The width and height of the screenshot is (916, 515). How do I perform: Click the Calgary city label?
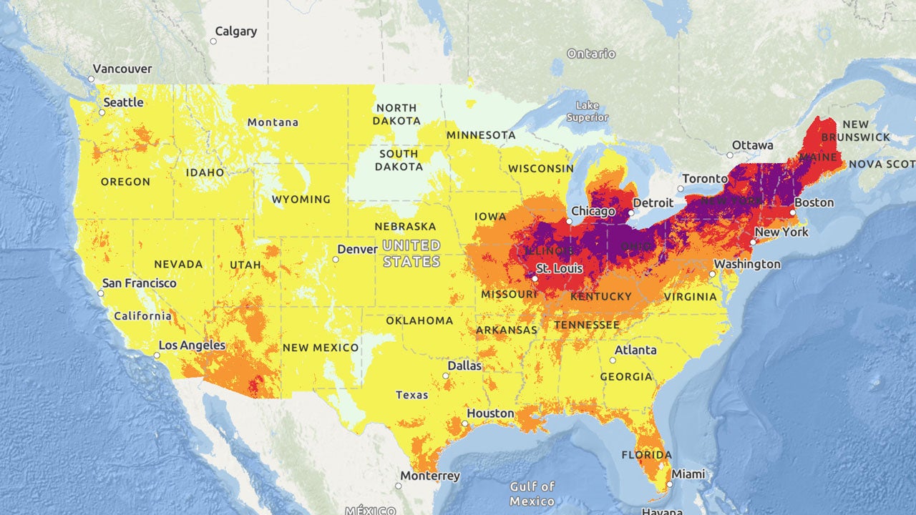coord(235,31)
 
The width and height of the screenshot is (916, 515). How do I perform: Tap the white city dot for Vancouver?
coord(92,79)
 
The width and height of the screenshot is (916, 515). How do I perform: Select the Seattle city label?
coord(124,102)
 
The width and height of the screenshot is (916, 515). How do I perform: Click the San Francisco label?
coord(139,283)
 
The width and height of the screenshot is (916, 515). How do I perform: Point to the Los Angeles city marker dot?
coord(157,355)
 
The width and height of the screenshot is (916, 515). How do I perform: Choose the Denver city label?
coord(357,250)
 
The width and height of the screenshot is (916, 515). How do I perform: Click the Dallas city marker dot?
coord(446,376)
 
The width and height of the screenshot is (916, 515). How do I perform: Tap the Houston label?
coord(490,413)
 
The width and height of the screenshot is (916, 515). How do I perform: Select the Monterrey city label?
coord(430,476)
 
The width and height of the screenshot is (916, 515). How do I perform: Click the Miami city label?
coord(688,474)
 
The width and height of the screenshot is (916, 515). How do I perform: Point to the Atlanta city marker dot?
coord(613,360)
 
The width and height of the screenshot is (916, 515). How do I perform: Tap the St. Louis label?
coord(560,269)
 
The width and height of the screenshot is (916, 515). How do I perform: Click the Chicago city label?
coord(593,212)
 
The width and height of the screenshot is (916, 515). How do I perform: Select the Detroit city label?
coord(653,203)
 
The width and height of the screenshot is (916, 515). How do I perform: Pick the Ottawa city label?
coord(754,145)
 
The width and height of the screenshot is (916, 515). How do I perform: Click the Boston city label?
coord(814,202)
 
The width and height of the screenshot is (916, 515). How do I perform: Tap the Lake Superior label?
coord(588,112)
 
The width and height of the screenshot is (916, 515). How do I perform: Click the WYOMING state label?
coord(301,200)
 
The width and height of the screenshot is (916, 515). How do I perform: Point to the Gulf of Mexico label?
coord(532,494)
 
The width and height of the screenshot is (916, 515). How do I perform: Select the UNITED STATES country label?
coord(411,253)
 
